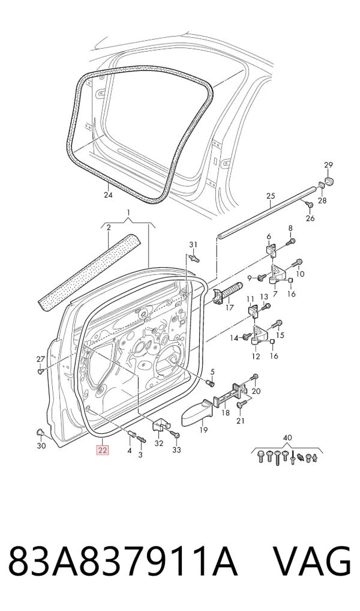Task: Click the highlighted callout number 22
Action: (x=103, y=451)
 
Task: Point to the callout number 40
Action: (x=287, y=438)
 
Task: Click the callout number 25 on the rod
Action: (x=271, y=196)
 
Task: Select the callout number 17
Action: (x=229, y=308)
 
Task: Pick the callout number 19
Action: (x=203, y=430)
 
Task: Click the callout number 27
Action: (x=41, y=359)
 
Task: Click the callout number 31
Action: (x=193, y=245)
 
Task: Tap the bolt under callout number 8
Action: (x=290, y=242)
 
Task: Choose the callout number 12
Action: (x=256, y=357)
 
